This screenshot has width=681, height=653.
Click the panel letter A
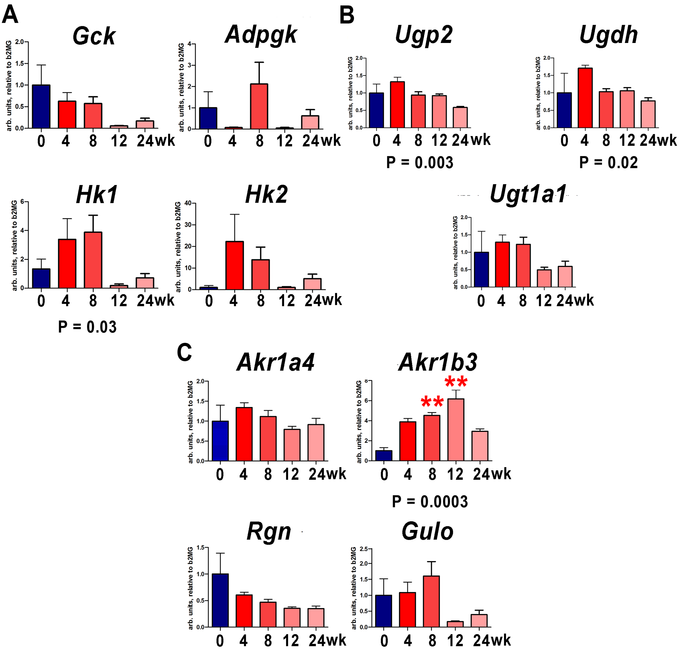pyautogui.click(x=10, y=15)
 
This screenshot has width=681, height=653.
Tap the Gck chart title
pyautogui.click(x=94, y=36)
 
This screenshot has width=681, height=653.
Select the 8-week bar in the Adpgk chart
pyautogui.click(x=259, y=106)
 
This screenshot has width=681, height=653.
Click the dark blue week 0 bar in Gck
pyautogui.click(x=41, y=107)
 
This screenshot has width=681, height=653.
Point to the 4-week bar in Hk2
pyautogui.click(x=234, y=265)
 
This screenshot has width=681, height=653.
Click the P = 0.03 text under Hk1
pyautogui.click(x=87, y=327)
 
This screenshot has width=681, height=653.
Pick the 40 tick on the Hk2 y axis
pyautogui.click(x=188, y=203)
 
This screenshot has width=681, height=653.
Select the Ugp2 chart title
pyautogui.click(x=424, y=35)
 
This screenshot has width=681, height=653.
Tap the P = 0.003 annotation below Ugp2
pyautogui.click(x=420, y=163)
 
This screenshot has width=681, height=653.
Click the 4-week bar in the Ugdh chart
pyautogui.click(x=585, y=98)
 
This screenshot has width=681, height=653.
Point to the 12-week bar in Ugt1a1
pyautogui.click(x=544, y=278)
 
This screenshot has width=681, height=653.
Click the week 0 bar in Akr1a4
pyautogui.click(x=220, y=441)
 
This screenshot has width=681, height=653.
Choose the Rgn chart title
pyautogui.click(x=269, y=532)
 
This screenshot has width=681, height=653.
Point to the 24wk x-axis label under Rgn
pyautogui.click(x=327, y=640)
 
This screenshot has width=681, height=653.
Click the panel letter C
pyautogui.click(x=184, y=353)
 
